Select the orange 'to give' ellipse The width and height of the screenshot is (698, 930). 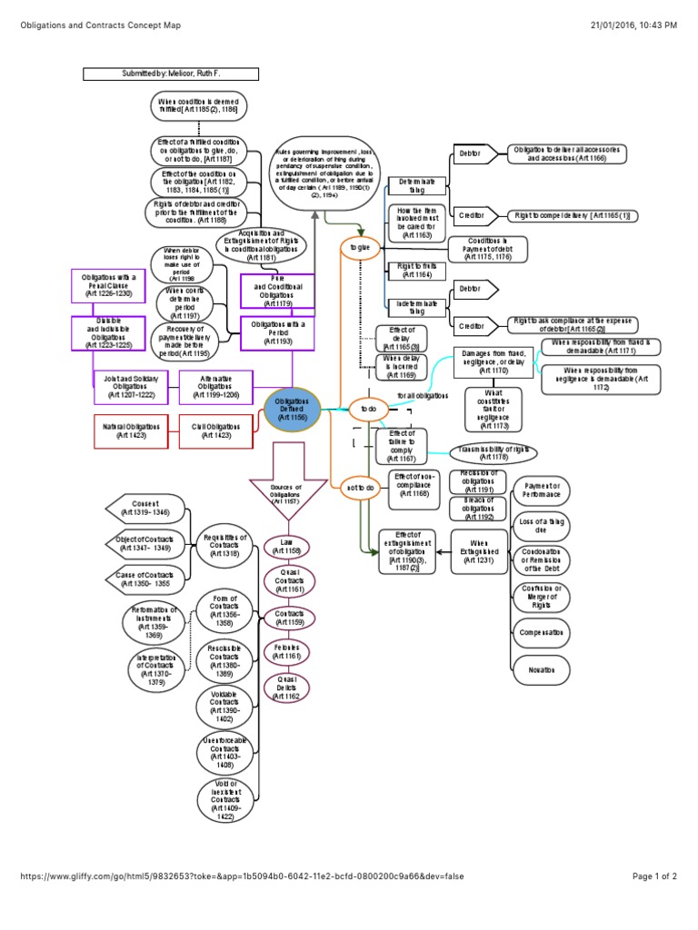[x=361, y=246]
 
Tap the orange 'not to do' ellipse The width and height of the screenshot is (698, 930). [x=361, y=488]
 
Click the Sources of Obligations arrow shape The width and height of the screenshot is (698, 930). [x=286, y=490]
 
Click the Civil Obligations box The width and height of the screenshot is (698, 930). [x=215, y=430]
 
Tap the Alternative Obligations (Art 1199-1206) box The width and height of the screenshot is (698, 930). [x=215, y=387]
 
